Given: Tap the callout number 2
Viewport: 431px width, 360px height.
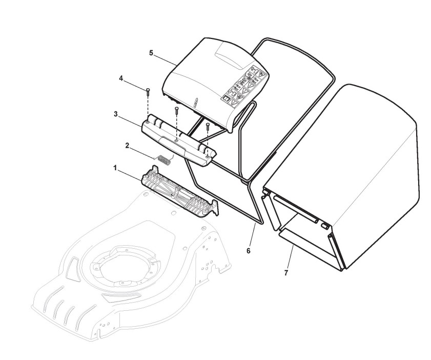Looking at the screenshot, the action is (x=127, y=146).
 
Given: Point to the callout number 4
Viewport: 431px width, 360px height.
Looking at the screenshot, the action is (x=121, y=79).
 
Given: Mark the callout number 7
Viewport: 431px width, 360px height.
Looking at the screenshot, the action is (x=286, y=272).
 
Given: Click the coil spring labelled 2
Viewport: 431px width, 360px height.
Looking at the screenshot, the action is (x=164, y=159).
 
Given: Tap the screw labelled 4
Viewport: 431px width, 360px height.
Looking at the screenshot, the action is (x=148, y=92).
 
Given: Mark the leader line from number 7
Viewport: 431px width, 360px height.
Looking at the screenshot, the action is (x=291, y=256).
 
